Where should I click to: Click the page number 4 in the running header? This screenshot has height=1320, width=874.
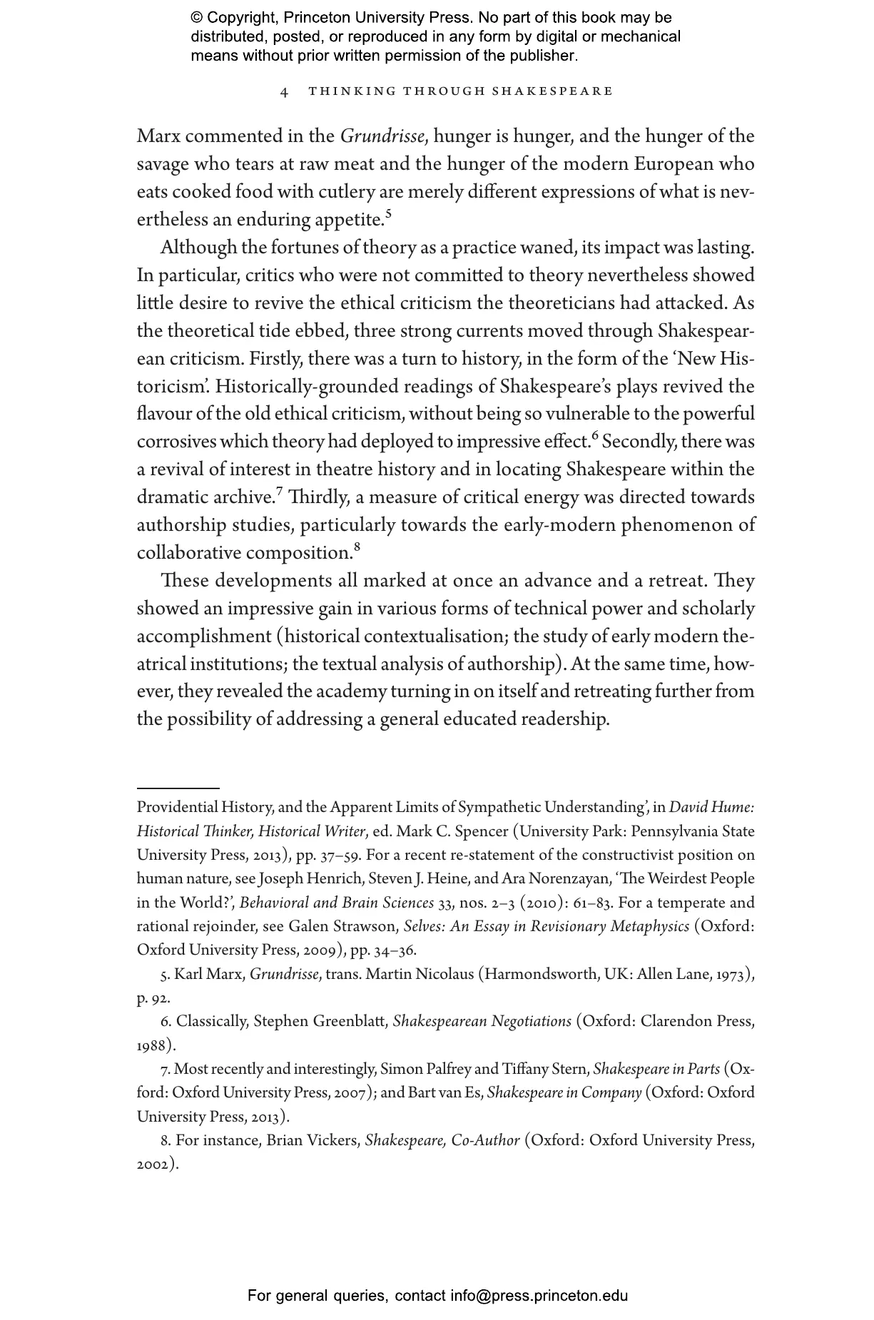[284, 92]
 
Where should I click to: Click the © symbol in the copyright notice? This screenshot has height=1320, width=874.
[197, 18]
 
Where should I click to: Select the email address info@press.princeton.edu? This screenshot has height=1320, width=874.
[539, 1296]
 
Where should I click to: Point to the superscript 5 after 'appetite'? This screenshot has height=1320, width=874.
[388, 213]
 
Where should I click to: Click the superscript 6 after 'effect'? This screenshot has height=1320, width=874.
[595, 435]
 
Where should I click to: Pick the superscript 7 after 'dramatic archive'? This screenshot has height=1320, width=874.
[280, 491]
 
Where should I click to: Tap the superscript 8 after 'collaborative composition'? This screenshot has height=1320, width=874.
[357, 547]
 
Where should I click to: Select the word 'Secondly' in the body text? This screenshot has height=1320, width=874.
[638, 442]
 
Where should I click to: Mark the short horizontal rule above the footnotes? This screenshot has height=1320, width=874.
[178, 788]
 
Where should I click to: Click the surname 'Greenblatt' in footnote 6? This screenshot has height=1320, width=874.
[354, 1021]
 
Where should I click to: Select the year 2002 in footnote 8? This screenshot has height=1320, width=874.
[154, 1164]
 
